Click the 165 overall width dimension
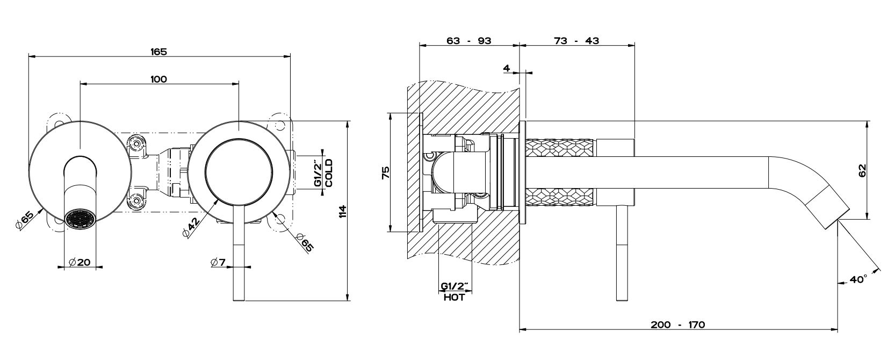(158, 52)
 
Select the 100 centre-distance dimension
(158, 79)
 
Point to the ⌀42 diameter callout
(191, 227)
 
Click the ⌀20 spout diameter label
(80, 262)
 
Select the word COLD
(329, 172)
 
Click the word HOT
(454, 297)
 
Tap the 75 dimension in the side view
(385, 173)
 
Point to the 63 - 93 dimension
(468, 41)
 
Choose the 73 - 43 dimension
(576, 41)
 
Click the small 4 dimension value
(506, 68)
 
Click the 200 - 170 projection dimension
(677, 325)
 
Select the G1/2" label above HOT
(455, 286)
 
